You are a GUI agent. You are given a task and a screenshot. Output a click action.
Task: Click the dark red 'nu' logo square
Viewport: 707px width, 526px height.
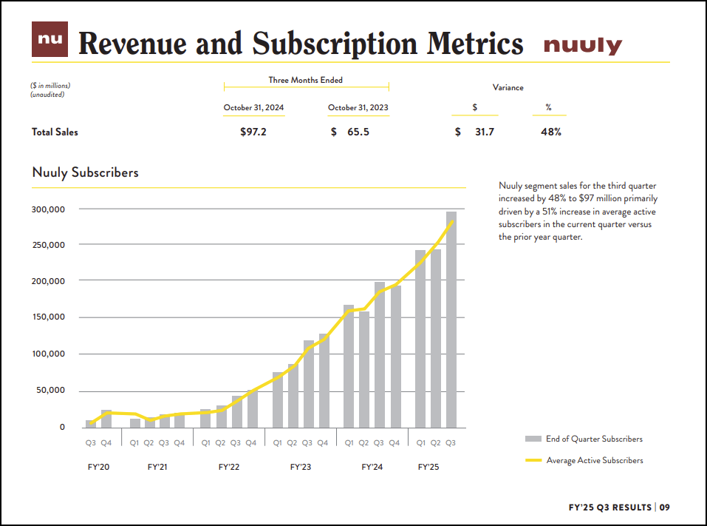tap(49, 39)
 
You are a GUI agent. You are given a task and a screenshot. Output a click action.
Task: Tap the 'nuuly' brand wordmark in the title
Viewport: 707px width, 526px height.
tap(582, 46)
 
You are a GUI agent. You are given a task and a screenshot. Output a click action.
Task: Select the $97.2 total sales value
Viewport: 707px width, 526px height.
tap(253, 132)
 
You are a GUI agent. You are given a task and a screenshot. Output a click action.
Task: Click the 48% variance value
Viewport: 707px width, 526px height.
tap(551, 132)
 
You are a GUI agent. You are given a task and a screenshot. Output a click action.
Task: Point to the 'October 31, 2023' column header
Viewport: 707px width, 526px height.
tap(358, 108)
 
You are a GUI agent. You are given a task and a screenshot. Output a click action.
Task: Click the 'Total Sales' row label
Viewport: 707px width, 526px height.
tap(55, 132)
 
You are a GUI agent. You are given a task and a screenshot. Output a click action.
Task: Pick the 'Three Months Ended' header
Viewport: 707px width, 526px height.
tap(305, 80)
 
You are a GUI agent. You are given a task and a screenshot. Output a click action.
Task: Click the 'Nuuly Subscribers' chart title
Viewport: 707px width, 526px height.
tap(85, 172)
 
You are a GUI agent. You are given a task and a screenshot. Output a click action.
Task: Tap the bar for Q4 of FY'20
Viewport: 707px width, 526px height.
tap(106, 419)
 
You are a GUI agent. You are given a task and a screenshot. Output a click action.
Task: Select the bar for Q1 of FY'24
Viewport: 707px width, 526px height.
tap(349, 366)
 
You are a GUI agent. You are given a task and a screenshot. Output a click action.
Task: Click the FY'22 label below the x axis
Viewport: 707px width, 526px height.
tap(229, 468)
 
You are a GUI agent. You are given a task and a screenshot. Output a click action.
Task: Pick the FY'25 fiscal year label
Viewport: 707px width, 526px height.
tap(428, 468)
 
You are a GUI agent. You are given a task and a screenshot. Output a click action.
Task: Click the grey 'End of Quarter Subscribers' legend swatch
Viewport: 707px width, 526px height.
tap(533, 439)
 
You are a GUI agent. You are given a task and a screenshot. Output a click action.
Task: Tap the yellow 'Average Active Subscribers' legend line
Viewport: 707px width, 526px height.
tap(533, 460)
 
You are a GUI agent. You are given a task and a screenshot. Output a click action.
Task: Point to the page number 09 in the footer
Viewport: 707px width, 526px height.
tap(665, 508)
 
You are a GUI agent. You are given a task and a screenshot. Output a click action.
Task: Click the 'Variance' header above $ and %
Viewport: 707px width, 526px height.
tap(508, 87)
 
